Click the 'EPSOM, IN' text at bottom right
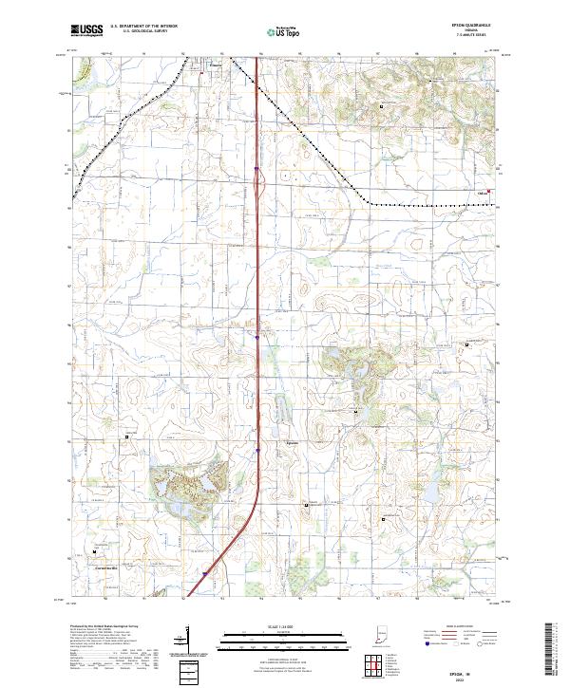[466, 670]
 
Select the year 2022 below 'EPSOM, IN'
[466, 678]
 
